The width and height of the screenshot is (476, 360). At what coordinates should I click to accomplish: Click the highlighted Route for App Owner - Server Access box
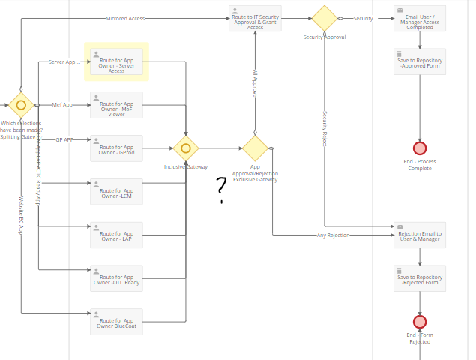pos(116,61)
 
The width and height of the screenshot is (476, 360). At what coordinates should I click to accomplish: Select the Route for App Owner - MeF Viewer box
pos(116,105)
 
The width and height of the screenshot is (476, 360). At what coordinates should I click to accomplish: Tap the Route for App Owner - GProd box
pos(116,148)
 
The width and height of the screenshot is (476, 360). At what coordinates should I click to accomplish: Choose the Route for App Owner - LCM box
pos(116,191)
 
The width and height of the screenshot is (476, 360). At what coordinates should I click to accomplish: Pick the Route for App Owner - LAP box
pos(116,235)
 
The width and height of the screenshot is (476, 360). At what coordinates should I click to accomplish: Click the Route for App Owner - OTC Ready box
pos(116,278)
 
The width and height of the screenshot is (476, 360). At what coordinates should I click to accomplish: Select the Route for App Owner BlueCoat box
pos(116,321)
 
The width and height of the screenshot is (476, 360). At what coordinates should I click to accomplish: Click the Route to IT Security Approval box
pos(255,18)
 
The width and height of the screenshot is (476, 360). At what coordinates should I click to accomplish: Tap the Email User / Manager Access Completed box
pos(420,18)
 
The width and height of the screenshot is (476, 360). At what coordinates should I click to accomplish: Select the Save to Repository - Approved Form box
pos(420,61)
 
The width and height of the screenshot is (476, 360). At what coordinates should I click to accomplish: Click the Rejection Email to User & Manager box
pos(420,235)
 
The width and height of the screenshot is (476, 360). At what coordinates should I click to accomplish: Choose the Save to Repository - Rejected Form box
pos(420,278)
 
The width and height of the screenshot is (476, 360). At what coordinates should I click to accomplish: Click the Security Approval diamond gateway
pos(325,18)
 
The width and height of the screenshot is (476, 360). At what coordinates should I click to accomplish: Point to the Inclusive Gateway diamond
pos(186,148)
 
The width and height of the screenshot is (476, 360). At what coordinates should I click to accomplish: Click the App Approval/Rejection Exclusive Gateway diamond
pos(255,148)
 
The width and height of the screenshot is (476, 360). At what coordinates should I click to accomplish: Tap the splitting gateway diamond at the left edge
pos(21,105)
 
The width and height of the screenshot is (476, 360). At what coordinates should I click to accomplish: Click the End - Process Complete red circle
pos(420,148)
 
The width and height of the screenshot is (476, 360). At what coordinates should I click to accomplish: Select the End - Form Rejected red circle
pos(420,321)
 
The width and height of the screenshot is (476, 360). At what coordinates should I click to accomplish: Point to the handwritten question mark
pos(221,188)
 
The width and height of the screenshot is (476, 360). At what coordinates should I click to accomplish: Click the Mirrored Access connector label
pos(126,18)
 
